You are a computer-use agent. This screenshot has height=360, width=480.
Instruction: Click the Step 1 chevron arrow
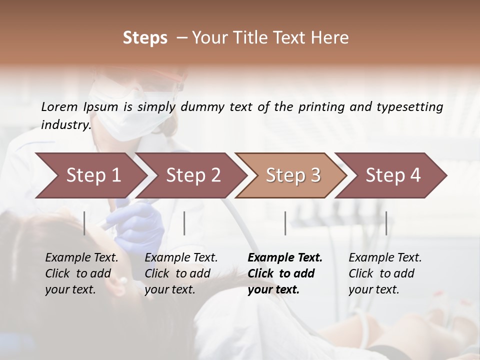(90, 175)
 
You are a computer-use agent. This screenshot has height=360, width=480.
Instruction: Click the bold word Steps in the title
(145, 37)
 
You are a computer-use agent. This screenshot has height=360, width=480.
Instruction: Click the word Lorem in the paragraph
(59, 106)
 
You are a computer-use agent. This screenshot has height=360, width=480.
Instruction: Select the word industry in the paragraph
(65, 124)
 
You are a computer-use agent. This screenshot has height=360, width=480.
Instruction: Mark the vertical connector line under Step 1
(84, 223)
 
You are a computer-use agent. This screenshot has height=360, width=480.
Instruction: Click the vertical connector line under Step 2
(184, 223)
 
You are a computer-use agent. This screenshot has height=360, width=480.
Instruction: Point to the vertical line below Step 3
(285, 223)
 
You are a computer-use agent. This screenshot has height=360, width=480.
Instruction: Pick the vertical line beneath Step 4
(386, 223)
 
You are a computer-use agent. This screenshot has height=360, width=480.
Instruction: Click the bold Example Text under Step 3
(285, 258)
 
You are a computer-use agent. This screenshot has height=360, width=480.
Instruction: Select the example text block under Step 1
(81, 273)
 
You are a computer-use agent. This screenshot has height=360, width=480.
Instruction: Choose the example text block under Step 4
(384, 273)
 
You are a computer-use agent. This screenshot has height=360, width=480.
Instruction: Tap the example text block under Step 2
(180, 273)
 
